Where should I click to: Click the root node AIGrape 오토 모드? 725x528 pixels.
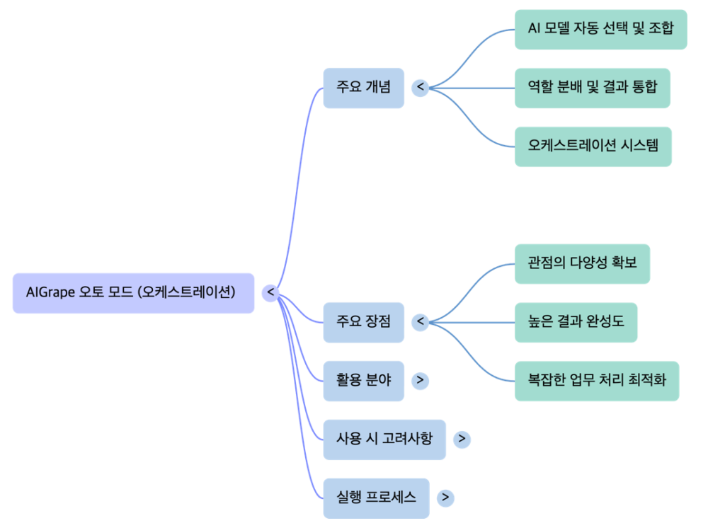click(133, 292)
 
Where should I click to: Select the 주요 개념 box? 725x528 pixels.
click(363, 88)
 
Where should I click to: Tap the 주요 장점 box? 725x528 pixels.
click(363, 322)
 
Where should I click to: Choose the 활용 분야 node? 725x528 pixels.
click(363, 380)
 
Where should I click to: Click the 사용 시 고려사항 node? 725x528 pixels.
click(384, 439)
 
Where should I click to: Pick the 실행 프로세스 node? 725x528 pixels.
click(375, 498)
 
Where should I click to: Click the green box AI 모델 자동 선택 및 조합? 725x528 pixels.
click(600, 29)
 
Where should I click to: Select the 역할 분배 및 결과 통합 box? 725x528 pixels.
click(592, 88)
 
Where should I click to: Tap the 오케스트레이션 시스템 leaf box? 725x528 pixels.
click(593, 147)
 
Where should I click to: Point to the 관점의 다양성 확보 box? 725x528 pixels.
click(582, 263)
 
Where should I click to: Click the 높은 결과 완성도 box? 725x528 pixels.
click(576, 322)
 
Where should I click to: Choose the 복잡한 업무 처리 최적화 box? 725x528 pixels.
click(596, 381)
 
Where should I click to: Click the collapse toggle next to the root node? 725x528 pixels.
click(270, 292)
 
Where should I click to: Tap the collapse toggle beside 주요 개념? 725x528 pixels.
click(420, 88)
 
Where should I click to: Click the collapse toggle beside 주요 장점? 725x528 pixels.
click(420, 322)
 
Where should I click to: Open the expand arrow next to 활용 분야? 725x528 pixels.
click(420, 380)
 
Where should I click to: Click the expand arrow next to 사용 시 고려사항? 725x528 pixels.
click(462, 439)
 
